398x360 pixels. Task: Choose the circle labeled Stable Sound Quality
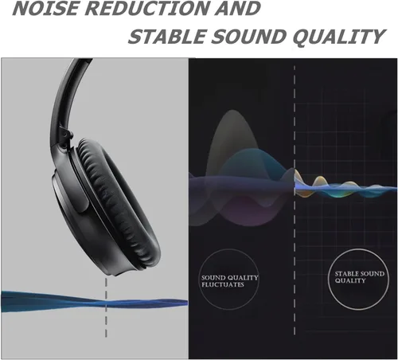(354, 278)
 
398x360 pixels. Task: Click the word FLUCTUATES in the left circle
(222, 285)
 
